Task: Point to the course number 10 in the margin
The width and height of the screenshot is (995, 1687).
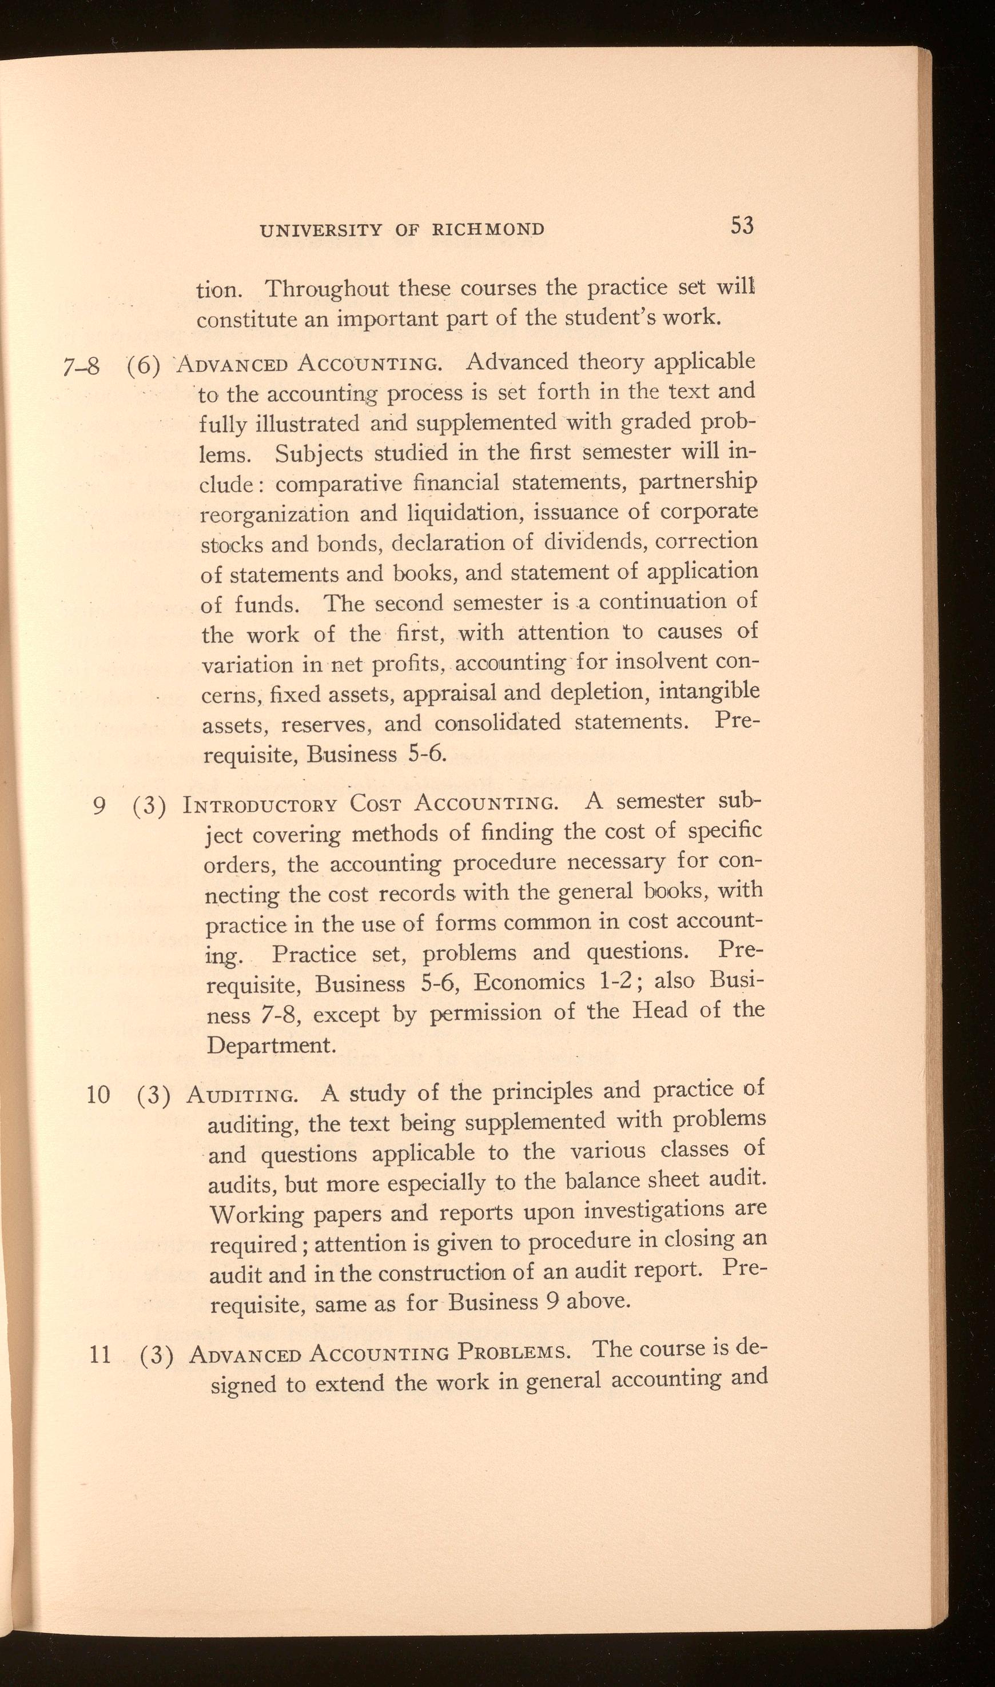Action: point(98,1095)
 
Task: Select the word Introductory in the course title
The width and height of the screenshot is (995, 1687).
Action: point(260,805)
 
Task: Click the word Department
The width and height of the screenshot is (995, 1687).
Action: point(271,1046)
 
